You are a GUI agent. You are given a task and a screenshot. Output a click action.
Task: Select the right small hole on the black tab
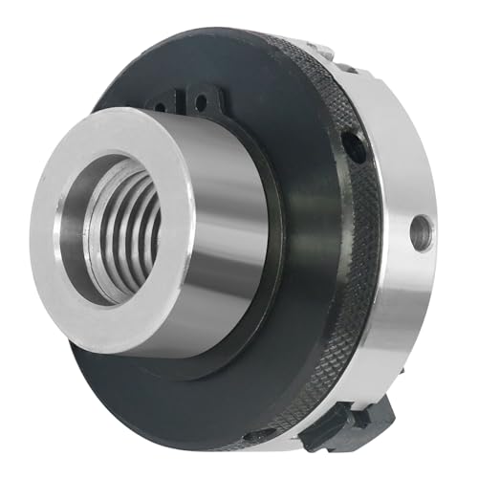[202, 99]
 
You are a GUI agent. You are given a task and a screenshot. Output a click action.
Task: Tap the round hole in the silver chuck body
[417, 228]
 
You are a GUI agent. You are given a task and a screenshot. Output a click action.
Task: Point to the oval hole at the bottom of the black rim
[256, 438]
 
